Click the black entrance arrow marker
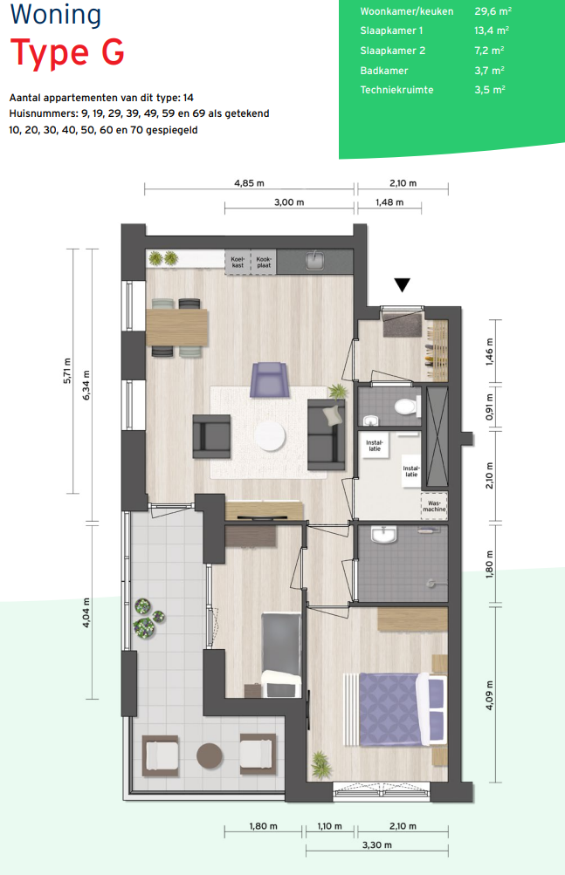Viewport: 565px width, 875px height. (x=403, y=284)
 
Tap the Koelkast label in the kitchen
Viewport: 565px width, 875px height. (x=238, y=263)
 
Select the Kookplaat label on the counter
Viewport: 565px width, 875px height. (x=264, y=263)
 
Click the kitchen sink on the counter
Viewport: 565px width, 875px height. (x=315, y=261)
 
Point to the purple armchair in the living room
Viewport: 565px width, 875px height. (x=269, y=380)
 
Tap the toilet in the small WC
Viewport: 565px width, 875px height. (x=406, y=406)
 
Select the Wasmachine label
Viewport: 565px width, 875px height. (x=434, y=506)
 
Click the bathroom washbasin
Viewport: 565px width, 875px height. (x=384, y=534)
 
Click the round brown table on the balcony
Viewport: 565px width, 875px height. (x=210, y=756)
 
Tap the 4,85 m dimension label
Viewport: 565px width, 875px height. (x=249, y=183)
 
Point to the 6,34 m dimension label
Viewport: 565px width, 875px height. (x=86, y=386)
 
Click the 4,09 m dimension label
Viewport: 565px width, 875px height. (x=490, y=695)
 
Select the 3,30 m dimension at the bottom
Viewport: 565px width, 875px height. (x=377, y=844)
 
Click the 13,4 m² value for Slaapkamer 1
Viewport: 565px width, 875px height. (x=492, y=31)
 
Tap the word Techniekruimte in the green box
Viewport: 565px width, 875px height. (x=396, y=90)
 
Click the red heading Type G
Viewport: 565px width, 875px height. (x=67, y=53)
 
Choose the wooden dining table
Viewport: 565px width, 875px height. (x=177, y=327)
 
